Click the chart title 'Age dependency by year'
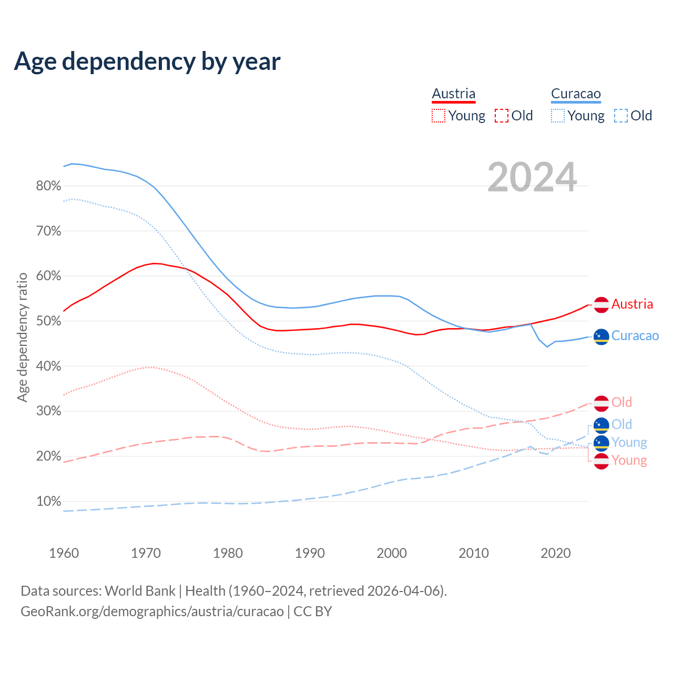[x=147, y=62]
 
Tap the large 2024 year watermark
[x=532, y=177]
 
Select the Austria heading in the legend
[x=453, y=94]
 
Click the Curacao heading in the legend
[x=576, y=94]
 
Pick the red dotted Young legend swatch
[x=439, y=116]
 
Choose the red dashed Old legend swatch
[x=502, y=116]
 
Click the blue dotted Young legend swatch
[x=558, y=116]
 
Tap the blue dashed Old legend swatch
[x=621, y=116]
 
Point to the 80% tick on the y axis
[x=49, y=186]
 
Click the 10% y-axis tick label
[x=49, y=502]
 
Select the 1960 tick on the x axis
[x=64, y=553]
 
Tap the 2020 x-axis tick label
[x=556, y=553]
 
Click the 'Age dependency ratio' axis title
[x=23, y=337]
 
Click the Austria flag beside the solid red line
[x=601, y=304]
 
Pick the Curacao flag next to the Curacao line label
[x=601, y=336]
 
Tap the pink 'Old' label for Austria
[x=621, y=403]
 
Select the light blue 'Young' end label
[x=629, y=443]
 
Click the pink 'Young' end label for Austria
[x=629, y=461]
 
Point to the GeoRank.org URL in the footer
[x=152, y=611]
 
